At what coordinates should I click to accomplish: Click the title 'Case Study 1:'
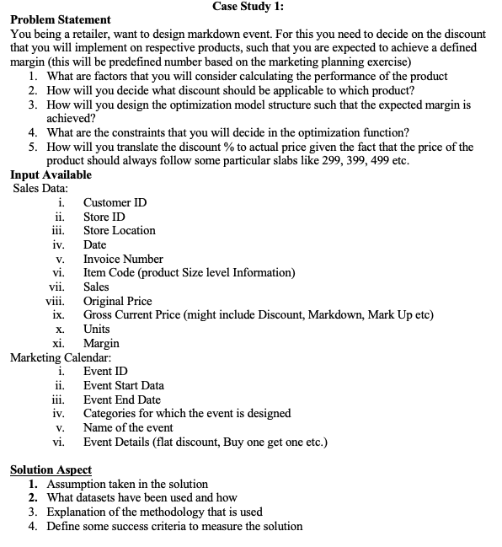click(250, 7)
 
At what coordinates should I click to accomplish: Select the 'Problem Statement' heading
click(60, 19)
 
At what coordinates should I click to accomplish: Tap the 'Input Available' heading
click(51, 174)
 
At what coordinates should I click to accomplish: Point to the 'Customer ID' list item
click(115, 202)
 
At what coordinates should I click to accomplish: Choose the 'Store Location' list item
click(119, 230)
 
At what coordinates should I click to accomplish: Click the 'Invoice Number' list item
click(123, 259)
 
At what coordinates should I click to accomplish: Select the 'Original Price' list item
click(117, 301)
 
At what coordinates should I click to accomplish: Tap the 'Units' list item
click(96, 329)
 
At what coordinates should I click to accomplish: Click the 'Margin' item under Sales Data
click(101, 343)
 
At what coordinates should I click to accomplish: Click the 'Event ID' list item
click(106, 371)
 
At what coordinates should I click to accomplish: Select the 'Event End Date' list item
click(121, 400)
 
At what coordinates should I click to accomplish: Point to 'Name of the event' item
click(128, 427)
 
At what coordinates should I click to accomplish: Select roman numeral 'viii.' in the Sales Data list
click(56, 301)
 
